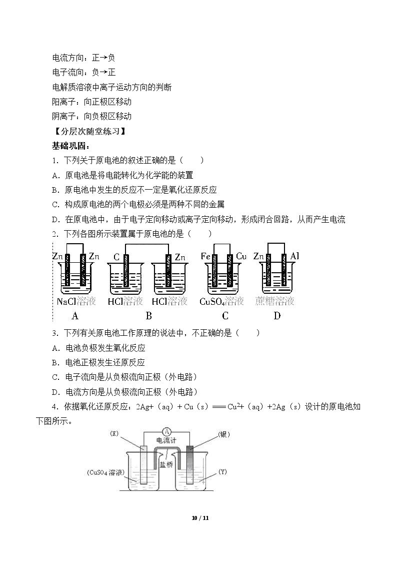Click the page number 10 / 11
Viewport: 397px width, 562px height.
(200, 518)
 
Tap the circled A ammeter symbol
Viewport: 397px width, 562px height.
(166, 432)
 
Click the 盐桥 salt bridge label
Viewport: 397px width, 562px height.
(166, 464)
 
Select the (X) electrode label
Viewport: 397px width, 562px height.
(114, 434)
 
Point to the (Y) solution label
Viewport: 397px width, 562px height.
(222, 472)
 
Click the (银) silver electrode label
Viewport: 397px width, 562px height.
(223, 434)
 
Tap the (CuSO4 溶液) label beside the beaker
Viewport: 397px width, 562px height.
(105, 472)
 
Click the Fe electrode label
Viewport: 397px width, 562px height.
(205, 256)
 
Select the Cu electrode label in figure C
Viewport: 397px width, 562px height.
(241, 256)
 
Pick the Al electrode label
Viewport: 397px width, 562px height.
(294, 256)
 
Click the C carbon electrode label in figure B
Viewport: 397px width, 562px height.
(116, 257)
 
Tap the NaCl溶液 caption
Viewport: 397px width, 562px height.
(76, 301)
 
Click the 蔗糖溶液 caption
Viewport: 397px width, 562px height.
(275, 301)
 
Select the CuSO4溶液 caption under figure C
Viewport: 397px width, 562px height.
(221, 301)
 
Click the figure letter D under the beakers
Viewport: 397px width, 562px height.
(276, 316)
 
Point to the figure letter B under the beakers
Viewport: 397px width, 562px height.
(149, 316)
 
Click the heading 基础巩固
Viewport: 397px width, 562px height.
(70, 146)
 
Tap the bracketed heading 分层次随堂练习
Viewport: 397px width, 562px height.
(89, 131)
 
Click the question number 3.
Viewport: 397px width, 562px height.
(55, 333)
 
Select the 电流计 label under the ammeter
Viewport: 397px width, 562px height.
(166, 440)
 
